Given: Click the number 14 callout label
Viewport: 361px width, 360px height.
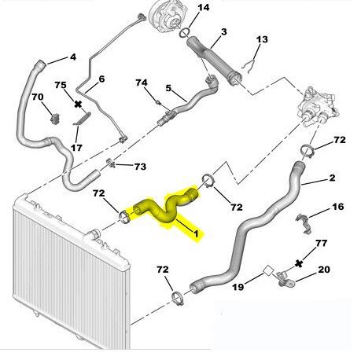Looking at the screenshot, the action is coord(204,7).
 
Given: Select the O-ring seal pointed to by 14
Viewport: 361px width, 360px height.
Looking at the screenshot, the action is coord(185,32).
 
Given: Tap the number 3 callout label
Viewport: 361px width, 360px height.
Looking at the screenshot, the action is coord(223,32).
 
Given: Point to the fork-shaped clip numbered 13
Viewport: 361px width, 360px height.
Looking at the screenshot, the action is coord(248,65).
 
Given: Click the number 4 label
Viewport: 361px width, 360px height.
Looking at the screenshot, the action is coord(73,57).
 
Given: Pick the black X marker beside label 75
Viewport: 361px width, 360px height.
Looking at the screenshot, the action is coord(78,105).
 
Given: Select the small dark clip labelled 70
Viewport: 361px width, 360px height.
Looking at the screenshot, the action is coord(55,119).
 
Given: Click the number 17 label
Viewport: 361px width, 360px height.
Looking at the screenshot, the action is coord(76,148).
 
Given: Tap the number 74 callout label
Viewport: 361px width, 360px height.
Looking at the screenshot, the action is coord(142,83).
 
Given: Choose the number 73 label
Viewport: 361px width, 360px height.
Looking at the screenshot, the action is coord(140,167).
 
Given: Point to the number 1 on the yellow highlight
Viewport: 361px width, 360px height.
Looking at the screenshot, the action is coord(196,233).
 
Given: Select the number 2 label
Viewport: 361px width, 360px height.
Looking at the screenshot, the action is coord(332,178).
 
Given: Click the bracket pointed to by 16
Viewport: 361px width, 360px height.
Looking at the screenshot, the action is coord(304,223).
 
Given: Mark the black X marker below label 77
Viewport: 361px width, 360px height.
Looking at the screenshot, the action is coord(299,263).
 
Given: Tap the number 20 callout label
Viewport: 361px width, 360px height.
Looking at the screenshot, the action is coord(324,270).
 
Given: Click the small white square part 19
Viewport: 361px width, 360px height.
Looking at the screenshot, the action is coord(268,270).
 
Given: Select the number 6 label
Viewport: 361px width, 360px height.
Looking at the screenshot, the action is coord(101,79).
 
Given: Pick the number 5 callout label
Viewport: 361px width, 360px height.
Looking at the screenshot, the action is coord(168,88).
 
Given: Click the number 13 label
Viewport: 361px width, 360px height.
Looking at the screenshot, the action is coord(262,39).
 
